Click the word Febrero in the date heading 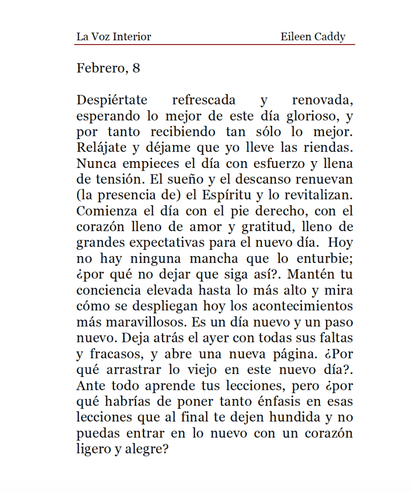[100, 69]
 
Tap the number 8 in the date [137, 69]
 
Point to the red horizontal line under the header [214, 45]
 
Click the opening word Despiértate [112, 101]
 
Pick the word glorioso [314, 117]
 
